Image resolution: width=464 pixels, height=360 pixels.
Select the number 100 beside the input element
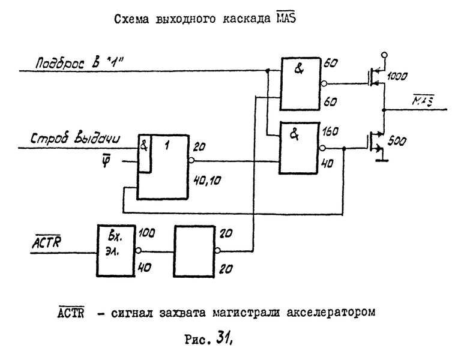pos(146,232)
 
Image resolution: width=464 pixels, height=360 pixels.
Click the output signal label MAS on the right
pos(427,103)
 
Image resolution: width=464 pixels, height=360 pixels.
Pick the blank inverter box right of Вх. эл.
pos(194,251)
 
